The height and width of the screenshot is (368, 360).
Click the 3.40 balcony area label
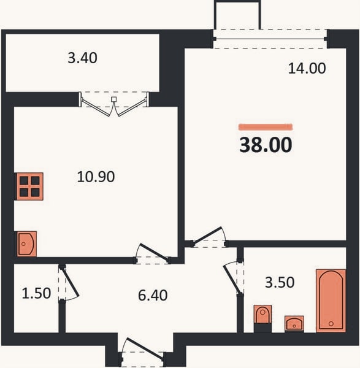point(82,58)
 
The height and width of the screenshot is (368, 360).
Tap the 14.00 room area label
point(307,68)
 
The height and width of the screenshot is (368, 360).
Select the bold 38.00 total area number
point(266,145)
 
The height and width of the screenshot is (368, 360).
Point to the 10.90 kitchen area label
point(96,177)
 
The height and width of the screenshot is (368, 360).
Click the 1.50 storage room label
point(36,293)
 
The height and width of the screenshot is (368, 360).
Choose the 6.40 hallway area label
point(153,295)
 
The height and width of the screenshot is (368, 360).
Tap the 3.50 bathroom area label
point(280,282)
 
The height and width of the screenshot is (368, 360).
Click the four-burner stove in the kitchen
point(29,186)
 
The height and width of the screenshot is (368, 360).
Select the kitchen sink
point(26,244)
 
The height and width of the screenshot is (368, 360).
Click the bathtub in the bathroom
point(331,301)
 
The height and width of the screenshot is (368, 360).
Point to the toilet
point(262,318)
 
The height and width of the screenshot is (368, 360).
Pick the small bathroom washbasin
point(294,324)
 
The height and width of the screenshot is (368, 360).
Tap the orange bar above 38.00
point(266,127)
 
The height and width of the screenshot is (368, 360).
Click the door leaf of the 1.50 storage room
point(70,281)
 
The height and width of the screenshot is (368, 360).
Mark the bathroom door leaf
point(232,279)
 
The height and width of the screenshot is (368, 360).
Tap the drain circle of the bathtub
point(331,324)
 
